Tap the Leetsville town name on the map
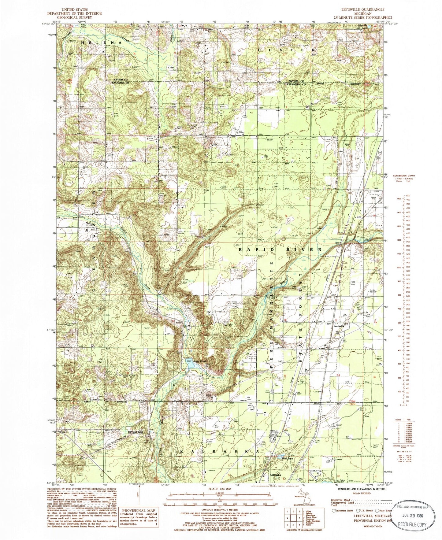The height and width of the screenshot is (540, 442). click(339, 326)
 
